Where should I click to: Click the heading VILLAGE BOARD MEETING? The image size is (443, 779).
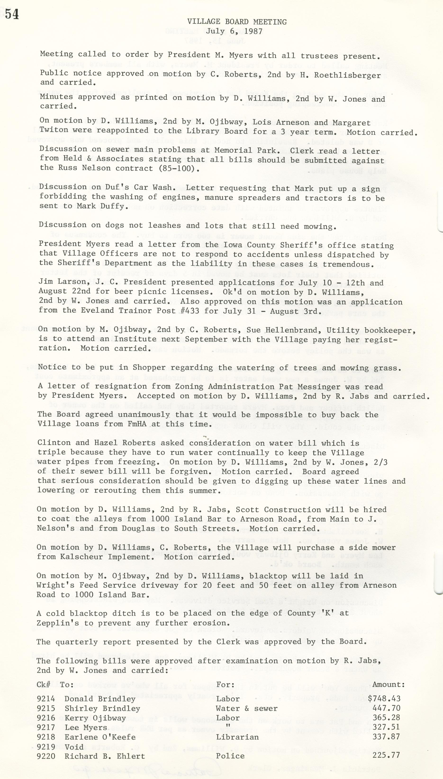tap(237, 22)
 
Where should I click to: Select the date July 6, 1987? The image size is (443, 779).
tap(234, 31)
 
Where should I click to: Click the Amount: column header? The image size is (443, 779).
tap(389, 685)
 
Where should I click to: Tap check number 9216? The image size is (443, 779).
tap(46, 718)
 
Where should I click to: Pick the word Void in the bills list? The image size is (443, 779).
tap(74, 747)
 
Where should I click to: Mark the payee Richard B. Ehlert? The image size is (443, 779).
tap(105, 756)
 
